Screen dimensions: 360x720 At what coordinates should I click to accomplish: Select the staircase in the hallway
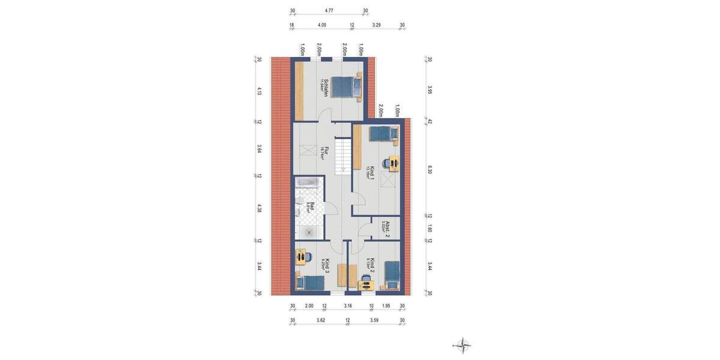click(343, 155)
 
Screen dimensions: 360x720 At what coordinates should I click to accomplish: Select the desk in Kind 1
click(393, 163)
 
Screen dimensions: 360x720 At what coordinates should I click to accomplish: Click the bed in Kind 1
click(384, 133)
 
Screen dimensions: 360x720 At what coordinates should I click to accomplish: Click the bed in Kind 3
click(310, 282)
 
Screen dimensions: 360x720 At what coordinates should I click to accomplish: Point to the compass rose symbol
click(463, 344)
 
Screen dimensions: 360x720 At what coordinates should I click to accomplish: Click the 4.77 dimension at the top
click(329, 11)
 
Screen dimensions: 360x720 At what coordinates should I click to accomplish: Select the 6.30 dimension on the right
click(430, 171)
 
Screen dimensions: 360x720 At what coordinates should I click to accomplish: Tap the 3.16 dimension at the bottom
click(348, 306)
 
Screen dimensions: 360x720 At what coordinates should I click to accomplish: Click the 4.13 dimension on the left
click(259, 91)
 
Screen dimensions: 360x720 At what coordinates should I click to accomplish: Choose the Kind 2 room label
click(371, 265)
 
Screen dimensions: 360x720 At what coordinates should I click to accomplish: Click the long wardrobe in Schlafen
click(298, 91)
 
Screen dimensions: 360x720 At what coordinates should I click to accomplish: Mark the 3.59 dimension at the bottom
click(374, 320)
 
